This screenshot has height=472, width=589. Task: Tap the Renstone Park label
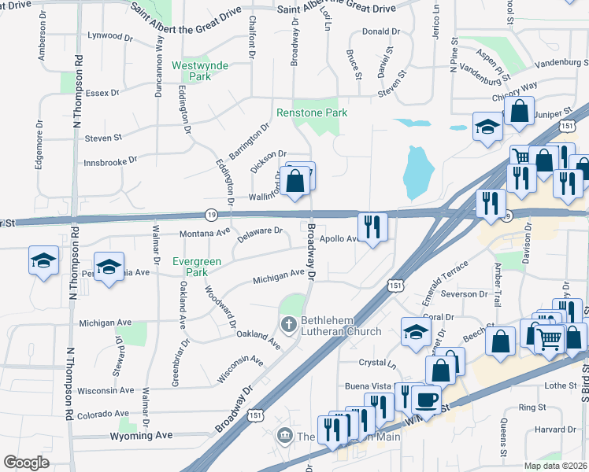coord(312,113)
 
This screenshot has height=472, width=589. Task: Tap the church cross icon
coord(289,323)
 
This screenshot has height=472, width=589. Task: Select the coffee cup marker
coord(426,399)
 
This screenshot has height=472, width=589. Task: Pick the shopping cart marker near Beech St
coord(550,339)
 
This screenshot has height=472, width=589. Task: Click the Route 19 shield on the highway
coord(211,214)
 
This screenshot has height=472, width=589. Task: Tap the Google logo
coord(26,463)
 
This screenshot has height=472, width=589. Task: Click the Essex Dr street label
coord(102,92)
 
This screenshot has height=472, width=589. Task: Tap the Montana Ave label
coord(182,234)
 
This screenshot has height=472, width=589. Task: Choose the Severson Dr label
coord(465,294)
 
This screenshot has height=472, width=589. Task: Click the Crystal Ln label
coord(377,363)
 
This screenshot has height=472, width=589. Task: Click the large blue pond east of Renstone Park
coord(417,171)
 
